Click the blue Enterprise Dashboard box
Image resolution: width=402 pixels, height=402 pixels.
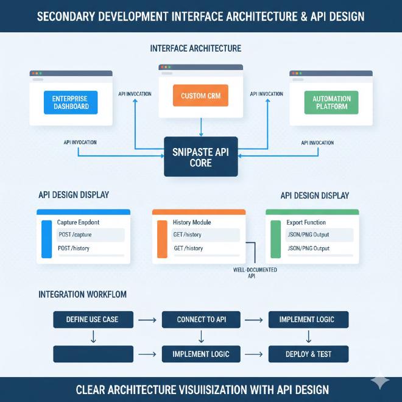(x=71, y=102)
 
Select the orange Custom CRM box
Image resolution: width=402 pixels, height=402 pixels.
(x=200, y=96)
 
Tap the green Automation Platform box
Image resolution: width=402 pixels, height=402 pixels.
(x=331, y=102)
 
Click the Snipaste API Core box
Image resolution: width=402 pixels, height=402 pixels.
(x=200, y=157)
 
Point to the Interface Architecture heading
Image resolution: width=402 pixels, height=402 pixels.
(x=195, y=48)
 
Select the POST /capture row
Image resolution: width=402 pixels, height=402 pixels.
(x=90, y=234)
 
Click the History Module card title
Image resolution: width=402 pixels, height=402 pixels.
(x=194, y=222)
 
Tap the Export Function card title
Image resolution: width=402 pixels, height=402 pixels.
(x=306, y=222)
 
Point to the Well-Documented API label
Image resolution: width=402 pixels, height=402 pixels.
(x=255, y=272)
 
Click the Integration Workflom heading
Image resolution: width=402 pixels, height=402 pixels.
(x=82, y=294)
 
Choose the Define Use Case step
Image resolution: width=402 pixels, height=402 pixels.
(x=93, y=319)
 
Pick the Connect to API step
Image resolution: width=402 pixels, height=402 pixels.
(x=200, y=319)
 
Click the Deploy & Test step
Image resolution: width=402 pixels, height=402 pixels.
(x=309, y=354)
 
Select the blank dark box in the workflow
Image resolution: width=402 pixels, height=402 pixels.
(x=93, y=354)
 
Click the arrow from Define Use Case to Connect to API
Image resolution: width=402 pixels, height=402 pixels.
(x=147, y=319)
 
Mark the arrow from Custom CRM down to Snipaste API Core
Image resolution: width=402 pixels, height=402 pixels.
(x=200, y=127)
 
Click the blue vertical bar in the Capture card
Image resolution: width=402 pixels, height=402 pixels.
(x=46, y=240)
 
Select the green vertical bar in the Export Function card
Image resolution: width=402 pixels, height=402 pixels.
(x=275, y=240)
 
